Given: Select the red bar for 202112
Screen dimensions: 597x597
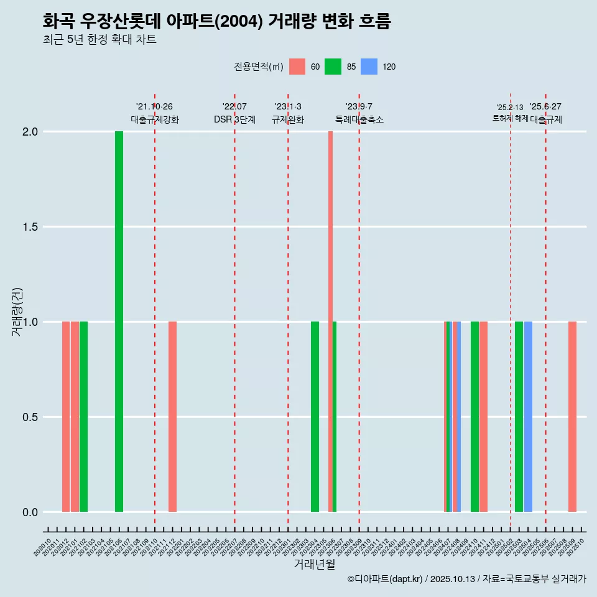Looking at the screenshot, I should click(x=172, y=417).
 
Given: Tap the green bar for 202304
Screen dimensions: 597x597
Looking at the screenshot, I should click(x=315, y=417).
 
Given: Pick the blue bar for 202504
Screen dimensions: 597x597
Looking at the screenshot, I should click(x=528, y=417).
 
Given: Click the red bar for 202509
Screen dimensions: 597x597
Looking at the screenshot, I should click(x=572, y=417).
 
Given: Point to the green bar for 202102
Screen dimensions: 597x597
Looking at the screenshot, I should click(x=83, y=417).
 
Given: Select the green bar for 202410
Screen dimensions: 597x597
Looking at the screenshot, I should click(x=474, y=417).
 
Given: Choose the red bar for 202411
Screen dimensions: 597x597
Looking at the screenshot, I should click(x=483, y=417).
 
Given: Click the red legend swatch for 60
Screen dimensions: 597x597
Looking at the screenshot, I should click(x=297, y=67).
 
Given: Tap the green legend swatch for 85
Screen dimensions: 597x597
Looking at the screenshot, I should click(x=333, y=67).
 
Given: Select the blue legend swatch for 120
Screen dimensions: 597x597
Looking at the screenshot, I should click(x=369, y=67).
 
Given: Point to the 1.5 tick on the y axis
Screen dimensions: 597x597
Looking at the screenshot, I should click(x=29, y=227).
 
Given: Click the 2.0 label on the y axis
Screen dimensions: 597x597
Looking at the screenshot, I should click(x=29, y=132).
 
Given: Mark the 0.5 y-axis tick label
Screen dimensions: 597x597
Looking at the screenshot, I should click(x=29, y=417).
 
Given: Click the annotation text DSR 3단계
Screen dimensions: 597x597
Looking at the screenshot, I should click(x=234, y=120).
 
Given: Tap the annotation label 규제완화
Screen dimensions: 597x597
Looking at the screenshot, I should click(x=288, y=120).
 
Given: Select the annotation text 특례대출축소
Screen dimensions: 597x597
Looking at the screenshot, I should click(x=359, y=120).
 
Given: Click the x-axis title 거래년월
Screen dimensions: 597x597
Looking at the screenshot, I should click(x=315, y=564).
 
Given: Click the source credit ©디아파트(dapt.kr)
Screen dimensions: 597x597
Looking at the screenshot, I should click(x=384, y=579).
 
